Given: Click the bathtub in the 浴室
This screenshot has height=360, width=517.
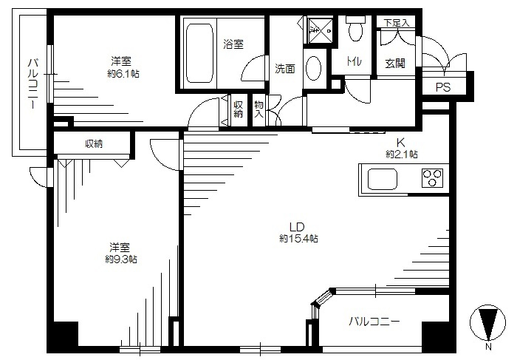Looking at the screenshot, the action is pyautogui.click(x=199, y=53).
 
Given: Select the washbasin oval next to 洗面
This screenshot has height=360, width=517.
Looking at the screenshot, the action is pyautogui.click(x=314, y=69).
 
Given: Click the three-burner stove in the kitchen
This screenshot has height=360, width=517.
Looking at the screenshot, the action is pyautogui.click(x=432, y=177).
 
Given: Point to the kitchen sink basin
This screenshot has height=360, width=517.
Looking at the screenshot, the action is pyautogui.click(x=383, y=179).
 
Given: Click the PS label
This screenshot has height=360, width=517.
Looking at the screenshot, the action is pyautogui.click(x=443, y=87).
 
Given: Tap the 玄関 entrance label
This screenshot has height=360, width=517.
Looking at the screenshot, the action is pyautogui.click(x=395, y=64).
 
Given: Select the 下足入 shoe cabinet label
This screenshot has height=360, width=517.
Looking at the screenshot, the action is pyautogui.click(x=397, y=23).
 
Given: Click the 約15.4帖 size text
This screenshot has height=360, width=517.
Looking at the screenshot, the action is pyautogui.click(x=298, y=238).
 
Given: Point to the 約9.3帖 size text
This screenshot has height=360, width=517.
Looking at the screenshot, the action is pyautogui.click(x=121, y=259).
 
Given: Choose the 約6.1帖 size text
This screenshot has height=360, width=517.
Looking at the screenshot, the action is pyautogui.click(x=123, y=73).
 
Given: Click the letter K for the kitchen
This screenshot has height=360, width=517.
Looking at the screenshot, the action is pyautogui.click(x=400, y=143).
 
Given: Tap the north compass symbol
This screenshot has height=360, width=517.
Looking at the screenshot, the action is pyautogui.click(x=487, y=322).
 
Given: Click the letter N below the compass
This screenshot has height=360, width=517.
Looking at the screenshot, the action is pyautogui.click(x=489, y=347).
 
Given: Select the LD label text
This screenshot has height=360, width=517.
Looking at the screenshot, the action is pyautogui.click(x=297, y=227).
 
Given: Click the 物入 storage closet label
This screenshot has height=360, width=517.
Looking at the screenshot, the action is pyautogui.click(x=258, y=109).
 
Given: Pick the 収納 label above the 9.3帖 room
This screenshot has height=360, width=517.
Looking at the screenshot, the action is pyautogui.click(x=94, y=144).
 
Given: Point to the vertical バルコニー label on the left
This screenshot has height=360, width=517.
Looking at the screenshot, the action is pyautogui.click(x=32, y=84).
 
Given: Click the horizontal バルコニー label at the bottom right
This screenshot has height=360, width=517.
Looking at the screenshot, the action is pyautogui.click(x=374, y=321).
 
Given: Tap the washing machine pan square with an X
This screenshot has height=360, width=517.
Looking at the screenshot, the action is pyautogui.click(x=320, y=31).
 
